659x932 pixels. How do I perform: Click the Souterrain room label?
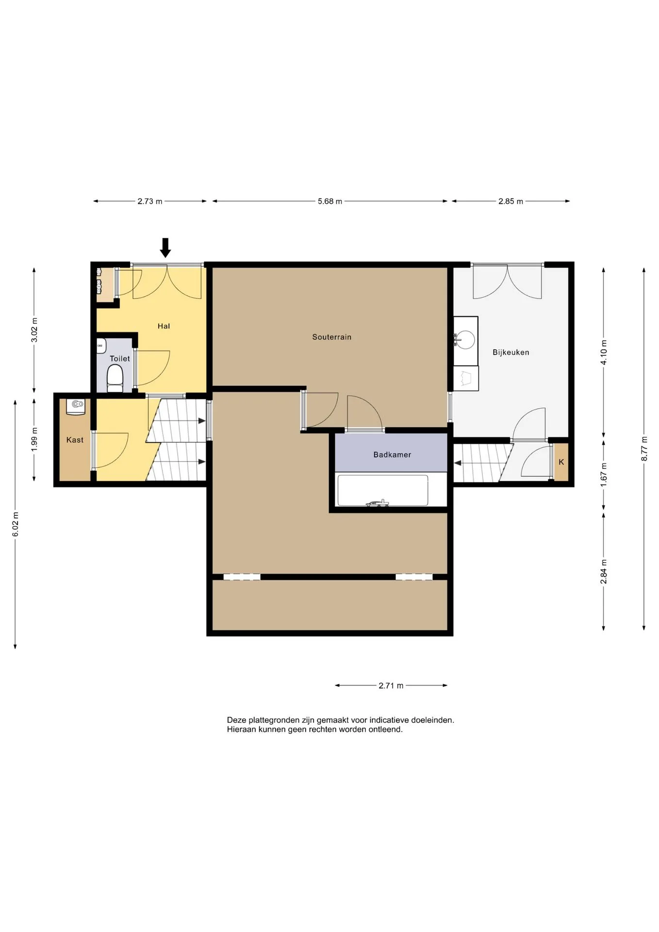(331, 337)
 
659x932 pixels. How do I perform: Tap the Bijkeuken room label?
(511, 352)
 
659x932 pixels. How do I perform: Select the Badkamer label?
(392, 455)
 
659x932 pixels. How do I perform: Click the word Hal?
(164, 326)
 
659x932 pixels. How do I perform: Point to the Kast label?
(75, 440)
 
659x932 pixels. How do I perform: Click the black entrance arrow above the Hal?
(165, 248)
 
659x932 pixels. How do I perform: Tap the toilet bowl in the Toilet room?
(115, 379)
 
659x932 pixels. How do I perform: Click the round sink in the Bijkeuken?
(466, 339)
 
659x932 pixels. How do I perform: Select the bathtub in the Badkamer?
(383, 491)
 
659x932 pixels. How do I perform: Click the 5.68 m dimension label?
(330, 201)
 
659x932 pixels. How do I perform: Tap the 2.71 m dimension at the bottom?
(391, 686)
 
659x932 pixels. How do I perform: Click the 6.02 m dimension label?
(16, 524)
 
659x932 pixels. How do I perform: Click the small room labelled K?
(561, 462)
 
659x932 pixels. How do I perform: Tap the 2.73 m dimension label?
(150, 201)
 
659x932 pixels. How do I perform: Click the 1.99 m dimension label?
(34, 439)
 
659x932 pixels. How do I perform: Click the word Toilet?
(120, 359)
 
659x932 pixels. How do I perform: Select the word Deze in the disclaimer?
(236, 720)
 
